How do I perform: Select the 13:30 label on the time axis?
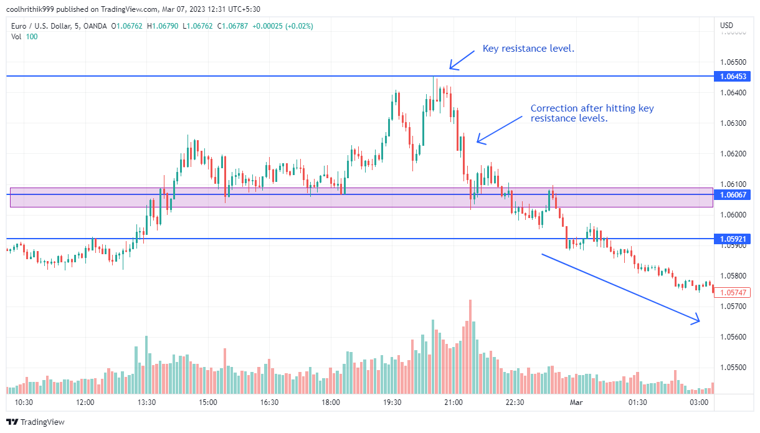pos(146,403)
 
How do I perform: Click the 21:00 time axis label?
pos(454,403)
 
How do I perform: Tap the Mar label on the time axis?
pos(576,403)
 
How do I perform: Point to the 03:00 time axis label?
pos(699,403)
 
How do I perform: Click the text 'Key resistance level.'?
pos(528,49)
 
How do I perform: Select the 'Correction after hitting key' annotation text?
pos(592,108)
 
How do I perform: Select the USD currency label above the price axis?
pos(726,26)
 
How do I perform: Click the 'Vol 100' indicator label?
pos(24,37)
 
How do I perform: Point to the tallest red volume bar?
pos(470,346)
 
